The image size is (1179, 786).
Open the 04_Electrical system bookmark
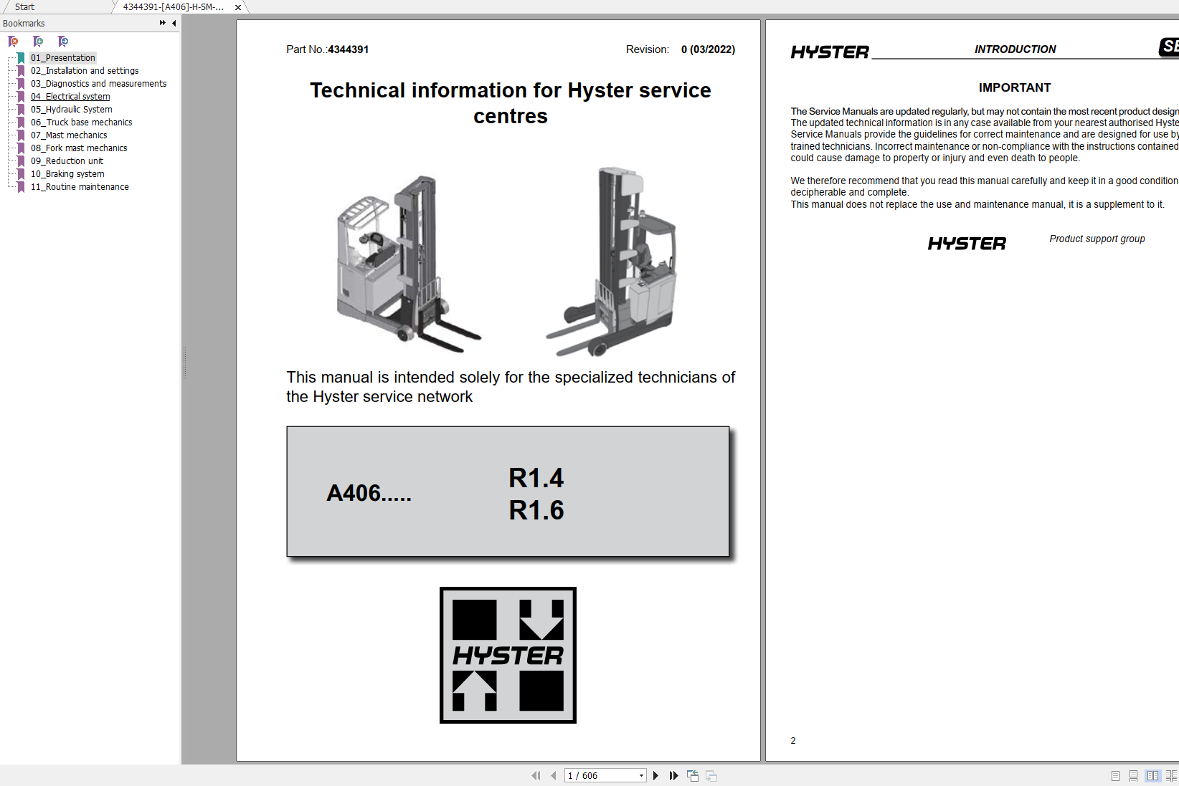pyautogui.click(x=70, y=97)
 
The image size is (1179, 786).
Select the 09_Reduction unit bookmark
pyautogui.click(x=67, y=161)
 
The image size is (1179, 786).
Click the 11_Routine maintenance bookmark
pyautogui.click(x=80, y=187)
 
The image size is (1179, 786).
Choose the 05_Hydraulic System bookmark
pyautogui.click(x=71, y=110)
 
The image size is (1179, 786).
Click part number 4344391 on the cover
pyautogui.click(x=349, y=49)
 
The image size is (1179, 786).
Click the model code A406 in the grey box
pyautogui.click(x=369, y=493)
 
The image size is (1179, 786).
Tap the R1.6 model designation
pyautogui.click(x=536, y=510)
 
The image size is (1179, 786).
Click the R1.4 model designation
pyautogui.click(x=536, y=478)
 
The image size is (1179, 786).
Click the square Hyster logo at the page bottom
pyautogui.click(x=508, y=655)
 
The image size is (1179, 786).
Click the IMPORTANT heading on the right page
pyautogui.click(x=1014, y=87)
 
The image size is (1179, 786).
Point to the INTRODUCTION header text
pyautogui.click(x=1015, y=49)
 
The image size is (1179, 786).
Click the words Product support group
pyautogui.click(x=1097, y=239)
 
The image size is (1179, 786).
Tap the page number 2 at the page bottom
pyautogui.click(x=793, y=741)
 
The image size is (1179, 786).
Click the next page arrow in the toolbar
pyautogui.click(x=655, y=775)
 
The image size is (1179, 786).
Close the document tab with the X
pyautogui.click(x=238, y=7)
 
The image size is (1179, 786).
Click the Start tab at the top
pyautogui.click(x=24, y=7)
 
